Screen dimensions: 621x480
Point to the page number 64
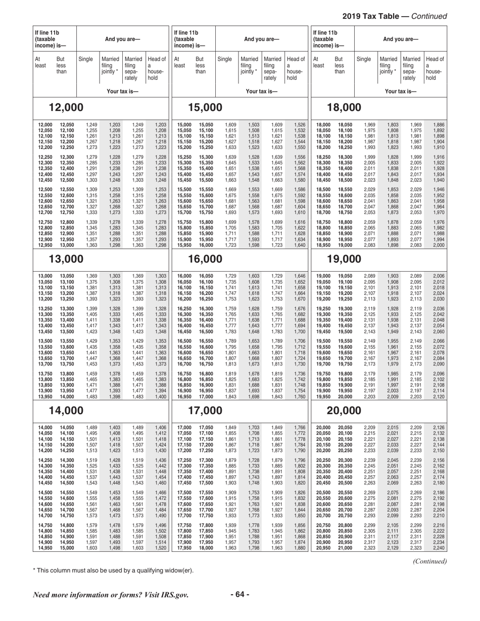[x=240, y=594]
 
